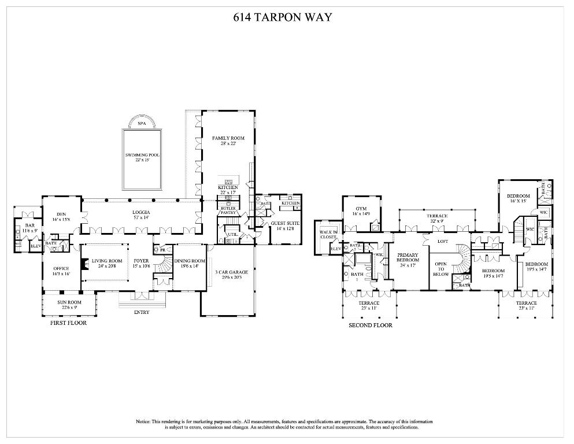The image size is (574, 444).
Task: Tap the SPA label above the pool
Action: click(142, 124)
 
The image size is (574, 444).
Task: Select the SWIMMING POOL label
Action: click(142, 156)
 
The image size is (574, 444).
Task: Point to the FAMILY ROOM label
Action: click(228, 138)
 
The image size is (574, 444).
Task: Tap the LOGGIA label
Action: click(141, 212)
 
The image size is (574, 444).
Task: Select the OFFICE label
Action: click(61, 268)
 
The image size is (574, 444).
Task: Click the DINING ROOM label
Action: click(190, 261)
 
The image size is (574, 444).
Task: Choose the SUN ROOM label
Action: click(69, 302)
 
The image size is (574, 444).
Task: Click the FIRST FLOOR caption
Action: click(69, 323)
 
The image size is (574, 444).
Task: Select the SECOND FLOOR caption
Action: click(370, 325)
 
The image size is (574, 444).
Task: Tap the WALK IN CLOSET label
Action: click(328, 234)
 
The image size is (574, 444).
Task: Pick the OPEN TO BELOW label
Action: click(441, 269)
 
